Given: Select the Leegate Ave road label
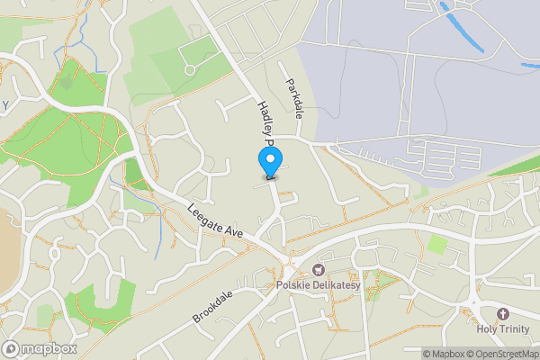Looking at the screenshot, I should pos(216,220).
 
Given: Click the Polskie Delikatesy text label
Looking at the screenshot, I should pos(317,286).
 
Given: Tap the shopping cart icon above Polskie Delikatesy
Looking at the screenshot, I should pos(317,271).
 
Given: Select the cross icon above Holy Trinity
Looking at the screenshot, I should pos(502,313).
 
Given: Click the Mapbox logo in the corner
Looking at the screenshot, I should pos(40,348).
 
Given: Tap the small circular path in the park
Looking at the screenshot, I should pos(189,70).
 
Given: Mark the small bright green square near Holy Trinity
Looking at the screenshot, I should pos(437,243).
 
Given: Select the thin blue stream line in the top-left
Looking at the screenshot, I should pos(81,36).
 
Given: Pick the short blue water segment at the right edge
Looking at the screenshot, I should pos(531,64).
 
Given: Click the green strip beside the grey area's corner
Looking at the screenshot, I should pos(513,166).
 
